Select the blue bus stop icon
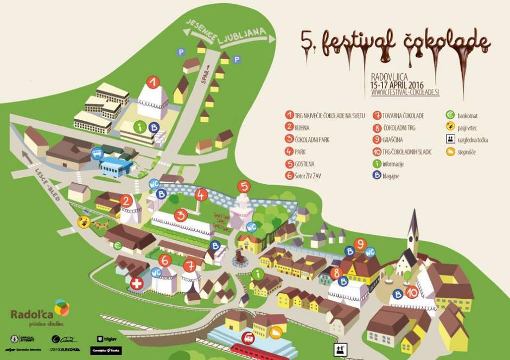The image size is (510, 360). [98, 153]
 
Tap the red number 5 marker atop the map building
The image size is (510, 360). [244, 187]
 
